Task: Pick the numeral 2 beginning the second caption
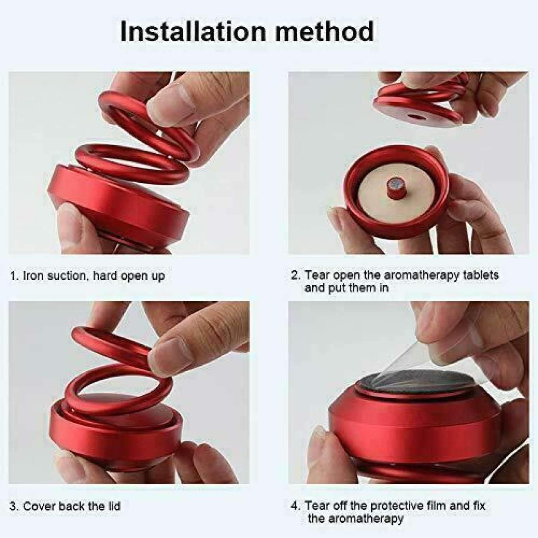point(295,275)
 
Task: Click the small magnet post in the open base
point(395,188)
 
